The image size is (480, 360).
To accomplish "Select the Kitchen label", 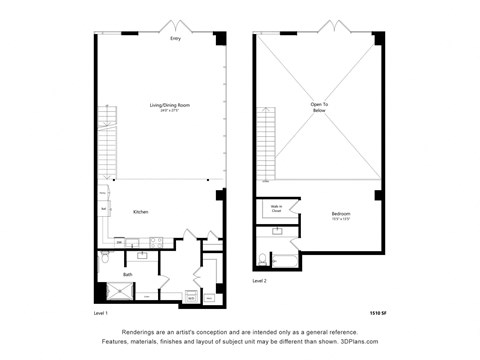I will [141, 211].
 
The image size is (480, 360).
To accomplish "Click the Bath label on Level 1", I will [128, 274].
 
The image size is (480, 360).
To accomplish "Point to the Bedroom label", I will [341, 214].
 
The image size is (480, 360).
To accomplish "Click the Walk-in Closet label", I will [275, 209].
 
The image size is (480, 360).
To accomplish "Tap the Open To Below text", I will [318, 107].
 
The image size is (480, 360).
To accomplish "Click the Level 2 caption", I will [260, 281].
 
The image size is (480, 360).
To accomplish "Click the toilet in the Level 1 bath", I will [105, 259].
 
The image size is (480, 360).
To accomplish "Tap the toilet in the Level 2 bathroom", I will [263, 258].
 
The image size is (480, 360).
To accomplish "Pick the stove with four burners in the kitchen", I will [154, 242].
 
